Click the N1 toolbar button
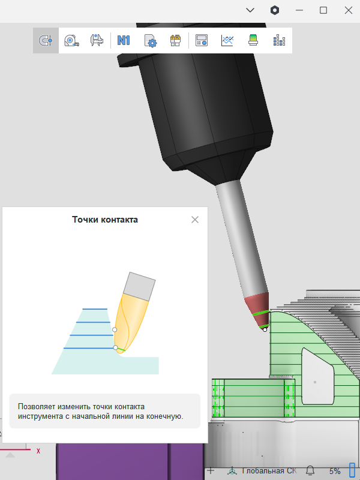click(124, 40)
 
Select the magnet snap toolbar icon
click(46, 40)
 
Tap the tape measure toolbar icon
click(71, 40)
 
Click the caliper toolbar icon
click(97, 40)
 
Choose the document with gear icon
click(150, 41)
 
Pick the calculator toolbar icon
click(202, 40)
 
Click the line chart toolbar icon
click(227, 40)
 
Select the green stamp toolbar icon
click(253, 40)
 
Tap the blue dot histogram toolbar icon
click(279, 40)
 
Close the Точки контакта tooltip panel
click(195, 220)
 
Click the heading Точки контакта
click(105, 220)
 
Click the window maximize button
click(323, 10)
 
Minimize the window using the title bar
click(299, 10)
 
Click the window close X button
click(349, 10)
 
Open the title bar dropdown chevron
click(250, 10)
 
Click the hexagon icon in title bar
click(275, 10)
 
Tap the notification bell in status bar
click(310, 470)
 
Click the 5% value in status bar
click(335, 471)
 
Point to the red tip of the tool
click(258, 310)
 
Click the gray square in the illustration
click(139, 286)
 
